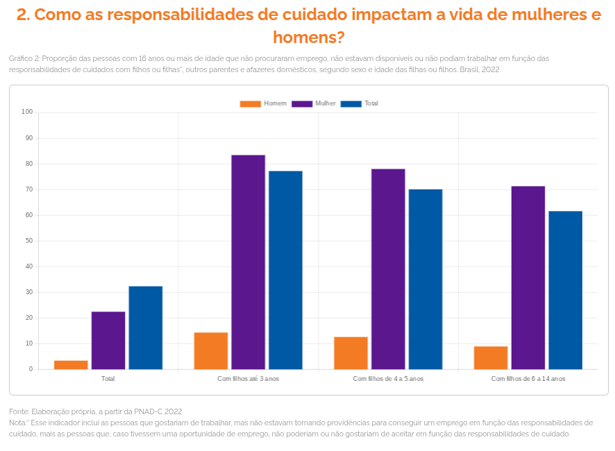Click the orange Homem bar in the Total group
pos(71,365)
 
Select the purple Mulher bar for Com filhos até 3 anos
pos(248,262)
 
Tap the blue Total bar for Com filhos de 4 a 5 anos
pos(425,279)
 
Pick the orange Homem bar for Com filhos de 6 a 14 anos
pos(491,357)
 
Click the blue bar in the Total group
pos(145,327)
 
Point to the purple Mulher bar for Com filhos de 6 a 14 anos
pos(528,278)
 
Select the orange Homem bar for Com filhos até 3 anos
pos(211,351)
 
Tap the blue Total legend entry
pos(362,103)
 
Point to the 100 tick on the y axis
pos(28,112)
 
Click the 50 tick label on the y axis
pos(29,241)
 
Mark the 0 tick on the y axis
pos(31,369)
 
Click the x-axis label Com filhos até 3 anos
pos(248,379)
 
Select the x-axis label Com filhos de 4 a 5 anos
pos(387,379)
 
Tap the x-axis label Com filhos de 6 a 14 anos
pos(528,379)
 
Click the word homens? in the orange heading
pos(309,37)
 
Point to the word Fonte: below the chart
pos(19,411)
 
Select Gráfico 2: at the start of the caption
pos(25,58)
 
